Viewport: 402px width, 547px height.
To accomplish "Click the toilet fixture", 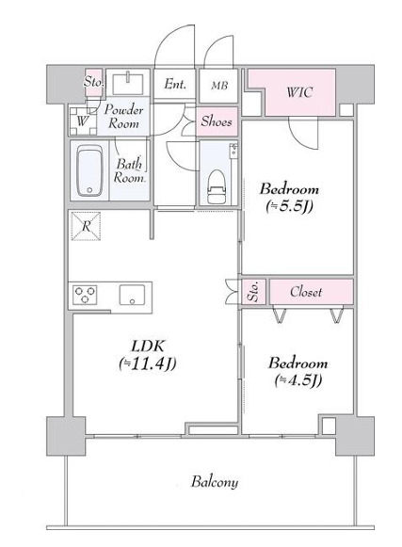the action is [x=217, y=186].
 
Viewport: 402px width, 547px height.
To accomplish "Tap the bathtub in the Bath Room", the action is [x=89, y=170].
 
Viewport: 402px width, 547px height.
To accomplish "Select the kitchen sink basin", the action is [x=132, y=295].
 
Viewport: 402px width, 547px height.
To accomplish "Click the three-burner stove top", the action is [x=85, y=295].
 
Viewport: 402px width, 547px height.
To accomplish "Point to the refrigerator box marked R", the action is [x=87, y=226].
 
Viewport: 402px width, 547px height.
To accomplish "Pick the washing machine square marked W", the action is [x=83, y=121].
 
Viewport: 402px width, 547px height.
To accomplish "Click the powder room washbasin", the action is [x=128, y=83].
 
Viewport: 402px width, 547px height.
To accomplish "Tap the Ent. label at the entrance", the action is [x=175, y=84].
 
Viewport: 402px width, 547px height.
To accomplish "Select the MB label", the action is [x=219, y=85].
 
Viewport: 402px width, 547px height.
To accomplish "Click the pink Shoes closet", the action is [x=217, y=121].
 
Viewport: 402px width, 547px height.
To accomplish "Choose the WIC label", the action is [x=299, y=92].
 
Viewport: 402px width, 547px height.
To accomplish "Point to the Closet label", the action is [x=306, y=292].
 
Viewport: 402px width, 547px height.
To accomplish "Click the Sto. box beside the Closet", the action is [x=253, y=291].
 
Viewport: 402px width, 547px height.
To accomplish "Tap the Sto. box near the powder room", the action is [x=93, y=82].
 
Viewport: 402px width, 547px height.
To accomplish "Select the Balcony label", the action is [x=215, y=482].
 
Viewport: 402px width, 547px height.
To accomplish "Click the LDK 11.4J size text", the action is [x=147, y=363].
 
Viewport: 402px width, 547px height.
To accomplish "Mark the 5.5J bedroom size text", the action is [x=289, y=207].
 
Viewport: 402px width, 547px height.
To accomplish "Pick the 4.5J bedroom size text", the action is [x=297, y=380].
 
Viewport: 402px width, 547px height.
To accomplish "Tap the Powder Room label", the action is [x=123, y=117].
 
